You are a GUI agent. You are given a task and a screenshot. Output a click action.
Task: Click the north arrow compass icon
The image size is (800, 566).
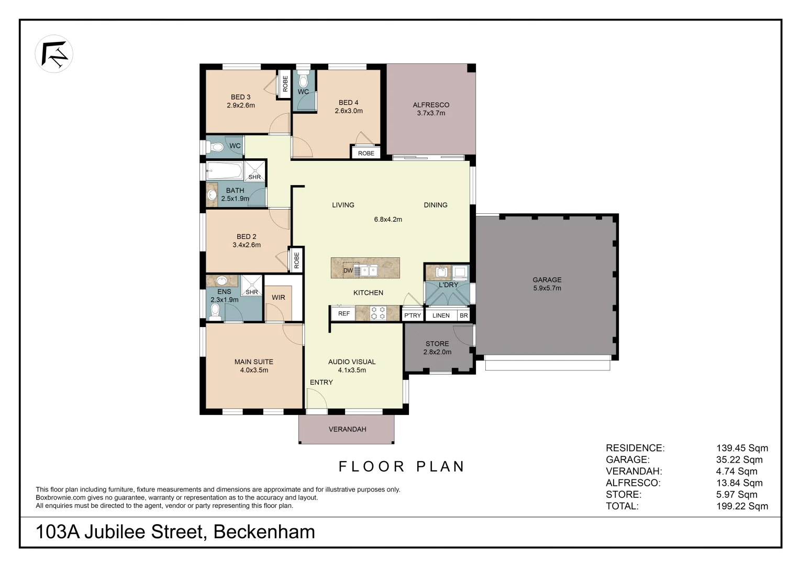(54, 53)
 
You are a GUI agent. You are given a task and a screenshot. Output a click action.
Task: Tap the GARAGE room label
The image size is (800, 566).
(547, 280)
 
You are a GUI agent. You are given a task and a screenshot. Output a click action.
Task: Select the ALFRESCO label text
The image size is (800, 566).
(430, 105)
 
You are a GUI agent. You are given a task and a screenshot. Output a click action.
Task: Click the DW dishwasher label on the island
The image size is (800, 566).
(348, 270)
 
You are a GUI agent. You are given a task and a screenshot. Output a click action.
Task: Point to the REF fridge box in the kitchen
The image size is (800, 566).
(343, 313)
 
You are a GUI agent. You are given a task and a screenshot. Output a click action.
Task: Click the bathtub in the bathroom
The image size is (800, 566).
(224, 170)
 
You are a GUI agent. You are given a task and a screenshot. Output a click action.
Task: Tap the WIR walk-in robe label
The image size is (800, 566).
(278, 297)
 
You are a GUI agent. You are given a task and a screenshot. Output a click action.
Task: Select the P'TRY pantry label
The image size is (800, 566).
(412, 315)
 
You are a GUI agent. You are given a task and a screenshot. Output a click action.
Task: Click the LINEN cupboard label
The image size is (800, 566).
(440, 315)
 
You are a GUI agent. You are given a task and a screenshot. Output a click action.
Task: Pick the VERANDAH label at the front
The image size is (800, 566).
(347, 429)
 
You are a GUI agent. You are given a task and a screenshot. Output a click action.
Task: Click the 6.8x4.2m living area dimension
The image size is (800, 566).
(387, 220)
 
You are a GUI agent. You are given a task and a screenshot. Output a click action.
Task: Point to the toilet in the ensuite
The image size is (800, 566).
(215, 311)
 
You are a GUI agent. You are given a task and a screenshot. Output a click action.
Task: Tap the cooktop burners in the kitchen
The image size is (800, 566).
(377, 313)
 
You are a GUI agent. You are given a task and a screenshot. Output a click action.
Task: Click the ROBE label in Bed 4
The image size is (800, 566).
(366, 153)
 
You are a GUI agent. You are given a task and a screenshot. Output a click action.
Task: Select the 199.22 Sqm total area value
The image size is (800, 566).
(741, 506)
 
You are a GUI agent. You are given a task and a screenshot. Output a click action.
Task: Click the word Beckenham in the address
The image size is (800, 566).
(264, 532)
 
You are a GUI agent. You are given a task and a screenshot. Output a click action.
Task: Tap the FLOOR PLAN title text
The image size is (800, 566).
(402, 466)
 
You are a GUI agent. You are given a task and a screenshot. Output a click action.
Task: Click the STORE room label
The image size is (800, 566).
(437, 344)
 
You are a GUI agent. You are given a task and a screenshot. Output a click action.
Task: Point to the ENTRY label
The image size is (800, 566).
(321, 382)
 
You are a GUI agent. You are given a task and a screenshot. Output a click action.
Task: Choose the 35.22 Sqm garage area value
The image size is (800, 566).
(739, 460)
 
